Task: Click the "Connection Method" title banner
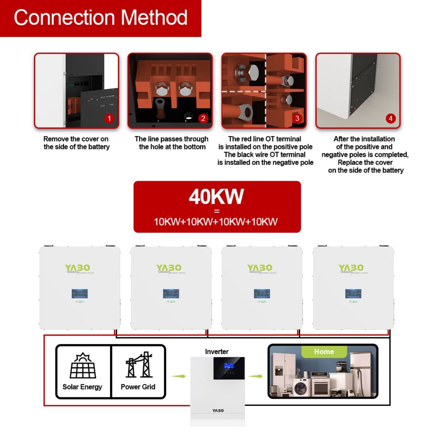point(100,18)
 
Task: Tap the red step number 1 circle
point(109,118)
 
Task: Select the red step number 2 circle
point(203,118)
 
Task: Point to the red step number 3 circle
point(297,118)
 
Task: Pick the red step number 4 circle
point(390,118)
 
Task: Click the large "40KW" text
point(216,197)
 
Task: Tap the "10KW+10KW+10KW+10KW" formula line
point(216,221)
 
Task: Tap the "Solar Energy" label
point(82,387)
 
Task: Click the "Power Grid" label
point(138,387)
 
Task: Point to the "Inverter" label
point(217,352)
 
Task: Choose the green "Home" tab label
point(324,352)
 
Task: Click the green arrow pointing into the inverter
point(178,376)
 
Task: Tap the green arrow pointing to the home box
point(256,376)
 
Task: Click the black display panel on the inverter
point(229,368)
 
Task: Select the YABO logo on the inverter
point(218,410)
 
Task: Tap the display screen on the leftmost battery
point(80,294)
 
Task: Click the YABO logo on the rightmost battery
point(351,268)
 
